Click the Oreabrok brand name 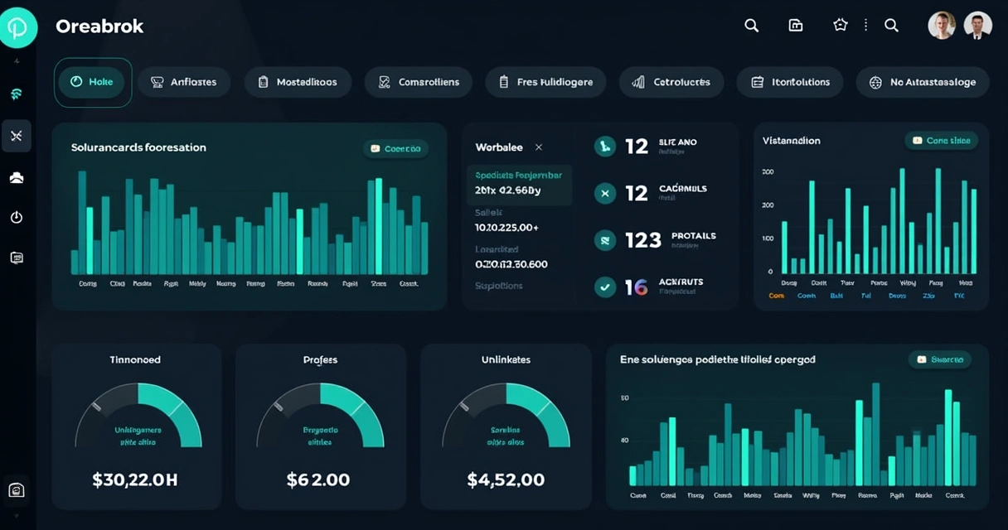[99, 26]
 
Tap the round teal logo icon [18, 27]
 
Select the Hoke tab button [92, 82]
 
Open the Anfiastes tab [183, 82]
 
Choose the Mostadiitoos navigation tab [297, 82]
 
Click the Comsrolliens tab [418, 82]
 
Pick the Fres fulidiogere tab [545, 82]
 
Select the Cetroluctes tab [671, 82]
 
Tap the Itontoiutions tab [789, 82]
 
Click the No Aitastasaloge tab [922, 82]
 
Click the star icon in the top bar [841, 26]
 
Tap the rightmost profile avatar [978, 26]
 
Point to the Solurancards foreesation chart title [138, 147]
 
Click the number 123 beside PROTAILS [643, 240]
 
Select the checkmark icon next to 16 [605, 287]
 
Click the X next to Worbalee [539, 147]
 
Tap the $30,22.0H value [136, 479]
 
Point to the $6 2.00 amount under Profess [318, 479]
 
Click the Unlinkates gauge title [506, 359]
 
